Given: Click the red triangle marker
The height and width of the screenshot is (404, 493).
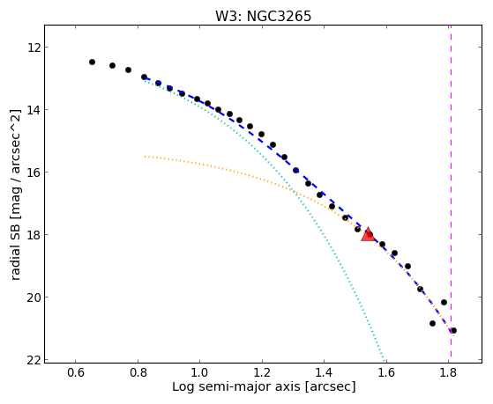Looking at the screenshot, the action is (x=368, y=234).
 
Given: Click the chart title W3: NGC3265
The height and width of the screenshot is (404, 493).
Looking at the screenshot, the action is (x=263, y=17).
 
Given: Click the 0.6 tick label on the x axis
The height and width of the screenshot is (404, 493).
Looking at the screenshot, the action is (x=75, y=372).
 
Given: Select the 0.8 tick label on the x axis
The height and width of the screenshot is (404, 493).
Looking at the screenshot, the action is (x=138, y=372).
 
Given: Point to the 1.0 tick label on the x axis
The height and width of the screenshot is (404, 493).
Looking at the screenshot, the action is (x=200, y=372).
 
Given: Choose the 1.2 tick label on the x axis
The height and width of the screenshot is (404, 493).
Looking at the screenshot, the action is (x=262, y=372).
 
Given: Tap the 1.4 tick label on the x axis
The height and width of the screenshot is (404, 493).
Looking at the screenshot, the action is (x=325, y=372).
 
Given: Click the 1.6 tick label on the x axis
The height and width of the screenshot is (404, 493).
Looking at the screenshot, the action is (x=387, y=372).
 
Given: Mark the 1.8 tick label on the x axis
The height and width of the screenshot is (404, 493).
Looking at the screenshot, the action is (x=449, y=372).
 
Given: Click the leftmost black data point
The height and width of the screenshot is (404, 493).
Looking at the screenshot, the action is (x=92, y=62).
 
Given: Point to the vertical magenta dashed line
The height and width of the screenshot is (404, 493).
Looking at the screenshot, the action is (x=452, y=194).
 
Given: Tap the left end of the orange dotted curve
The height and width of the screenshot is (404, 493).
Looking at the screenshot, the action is (x=145, y=156).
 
